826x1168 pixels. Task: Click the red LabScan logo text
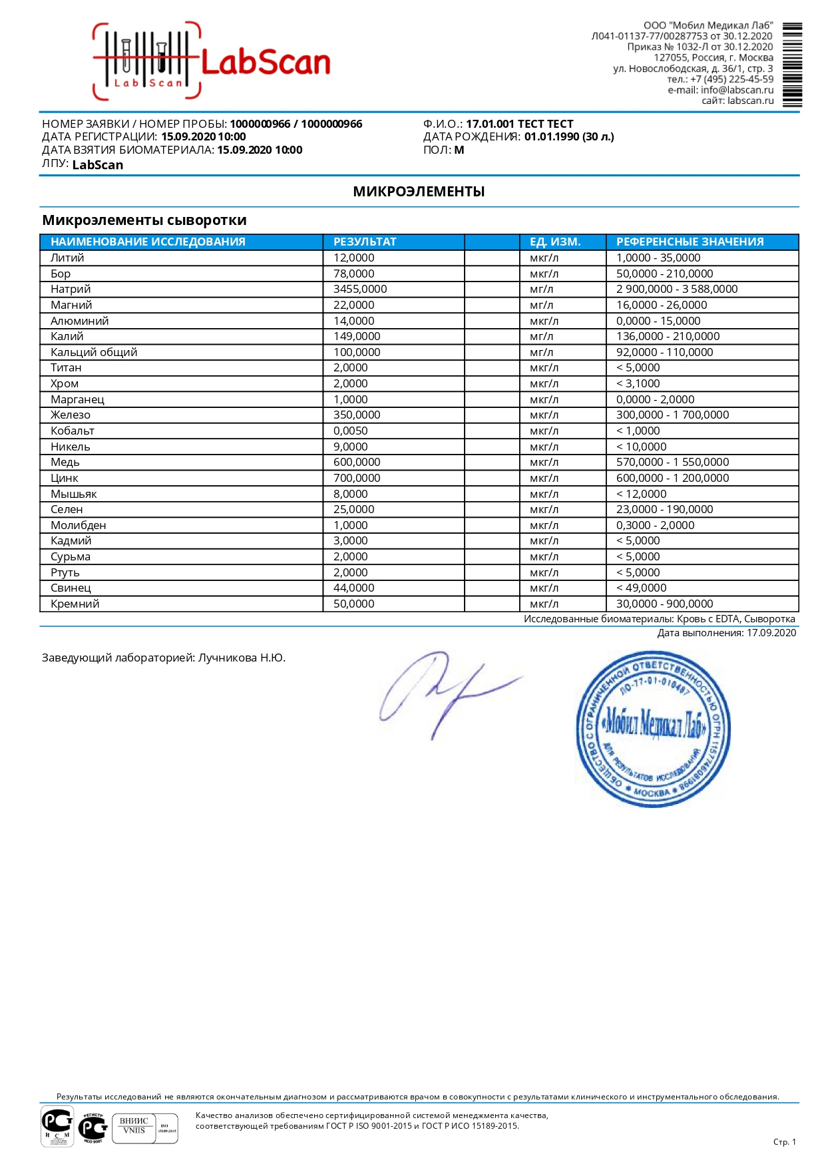coord(265,63)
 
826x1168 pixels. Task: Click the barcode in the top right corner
coord(791,65)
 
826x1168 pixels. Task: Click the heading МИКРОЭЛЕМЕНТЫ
coord(419,192)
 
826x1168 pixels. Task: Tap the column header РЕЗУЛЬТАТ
coord(365,242)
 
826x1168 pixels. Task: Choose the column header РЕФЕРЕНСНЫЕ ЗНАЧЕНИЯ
coord(690,242)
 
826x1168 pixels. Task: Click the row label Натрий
coord(71,289)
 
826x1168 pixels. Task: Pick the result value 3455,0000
coord(360,289)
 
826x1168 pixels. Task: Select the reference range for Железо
coord(672,415)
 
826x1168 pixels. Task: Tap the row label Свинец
coord(71,588)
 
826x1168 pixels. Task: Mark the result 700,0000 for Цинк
coord(357,478)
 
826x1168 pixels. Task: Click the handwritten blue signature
coord(446,692)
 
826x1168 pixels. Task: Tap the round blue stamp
coord(652,729)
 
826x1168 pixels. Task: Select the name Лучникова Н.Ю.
coord(242,658)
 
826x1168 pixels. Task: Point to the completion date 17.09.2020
coord(771,633)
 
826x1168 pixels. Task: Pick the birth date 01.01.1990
coord(551,136)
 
